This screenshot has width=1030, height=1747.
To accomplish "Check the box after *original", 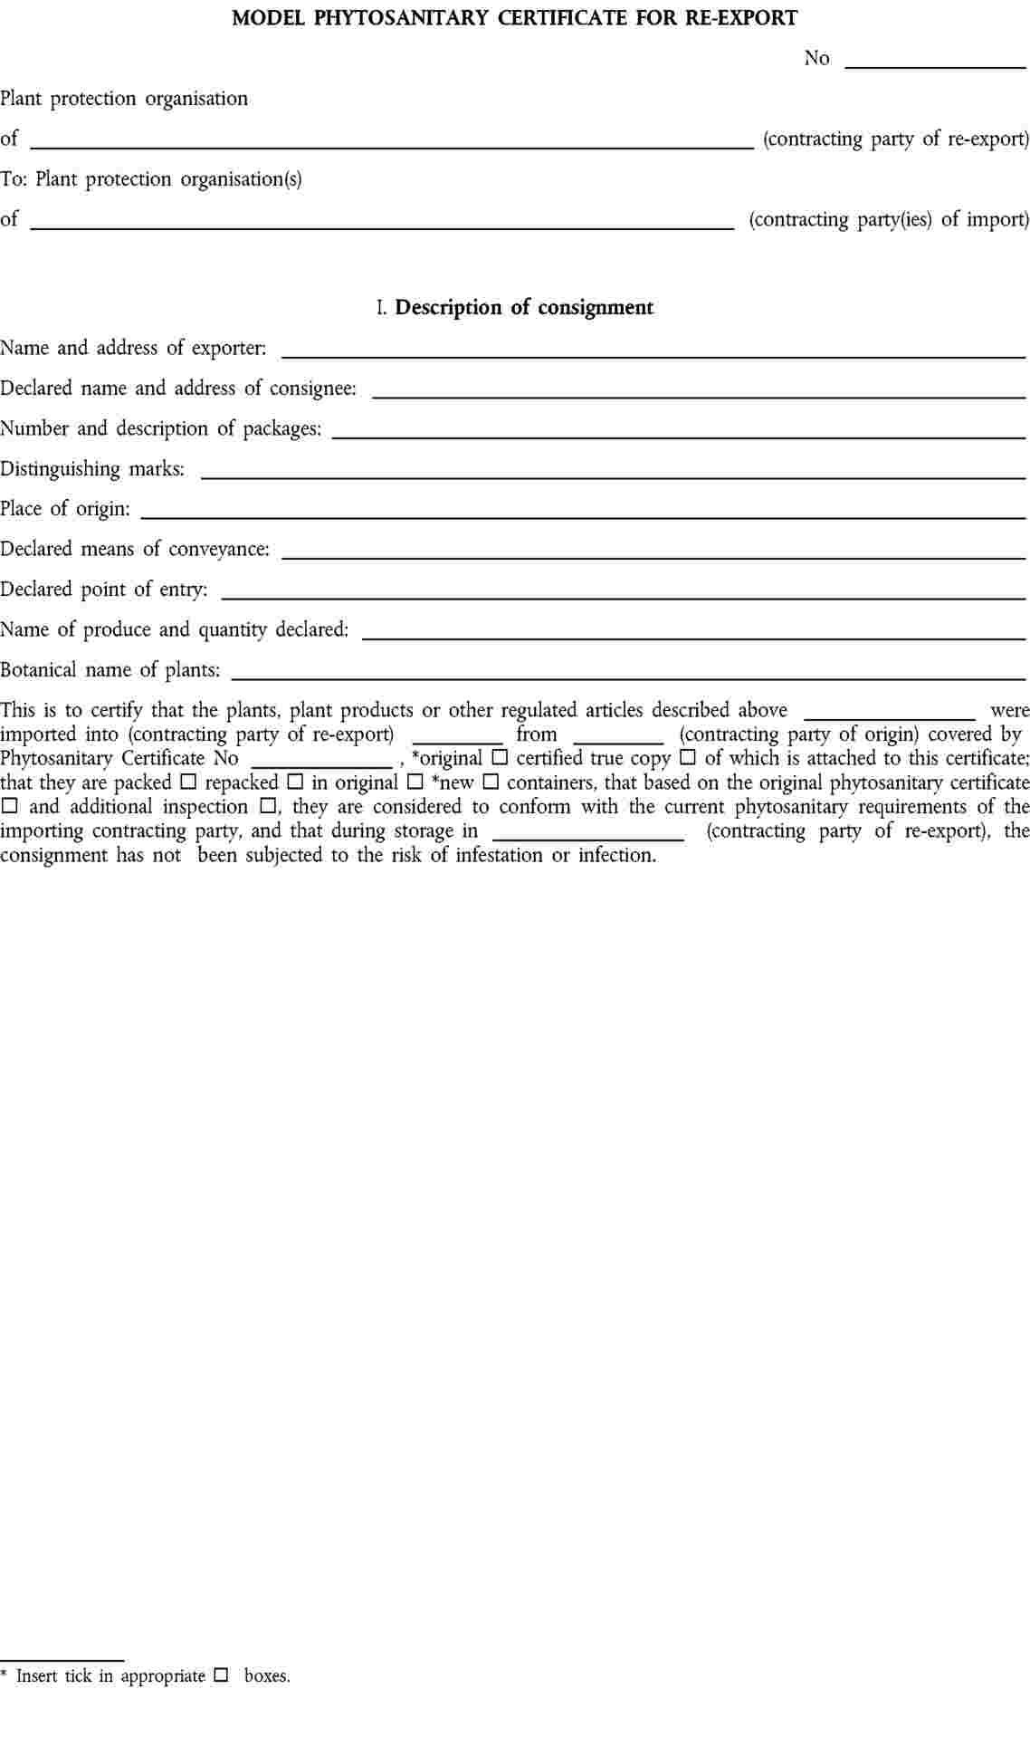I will pos(500,757).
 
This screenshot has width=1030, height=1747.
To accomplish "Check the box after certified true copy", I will pos(688,757).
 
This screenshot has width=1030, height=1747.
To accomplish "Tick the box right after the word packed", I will pos(188,782).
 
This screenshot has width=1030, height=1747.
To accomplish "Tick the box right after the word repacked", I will pos(295,782).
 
